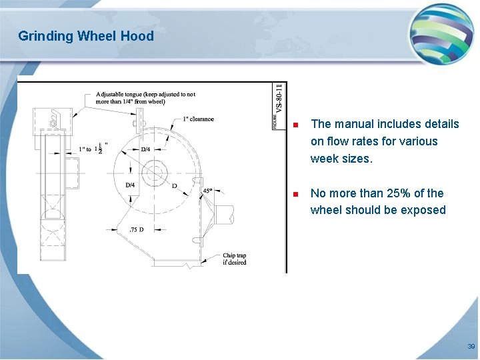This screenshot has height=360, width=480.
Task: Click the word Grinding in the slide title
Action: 45,36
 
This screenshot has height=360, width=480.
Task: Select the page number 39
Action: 471,347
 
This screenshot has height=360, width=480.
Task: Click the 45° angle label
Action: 207,191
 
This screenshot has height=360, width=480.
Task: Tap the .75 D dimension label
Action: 135,229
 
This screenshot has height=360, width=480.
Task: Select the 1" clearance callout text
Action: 198,119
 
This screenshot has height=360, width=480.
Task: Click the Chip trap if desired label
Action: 234,259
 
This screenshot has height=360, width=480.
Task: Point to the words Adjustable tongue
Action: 119,95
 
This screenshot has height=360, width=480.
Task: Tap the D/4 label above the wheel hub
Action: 145,149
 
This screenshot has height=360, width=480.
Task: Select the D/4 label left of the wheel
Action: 130,185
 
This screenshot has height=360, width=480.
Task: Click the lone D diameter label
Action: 174,186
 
